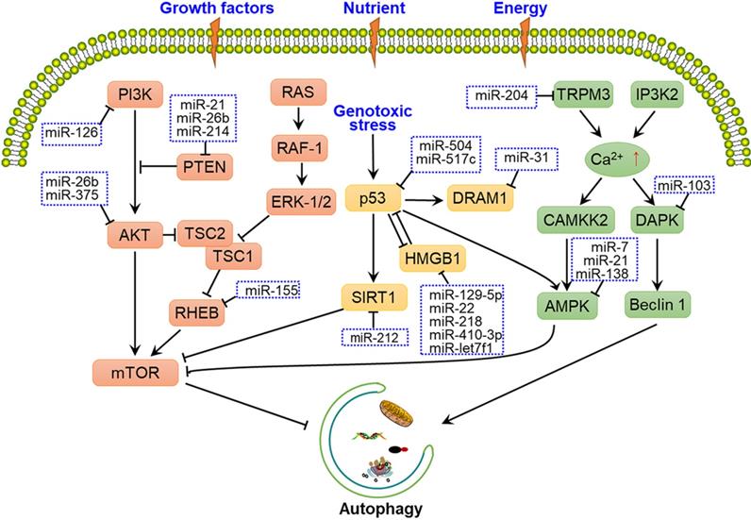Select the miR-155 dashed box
click(x=267, y=293)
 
